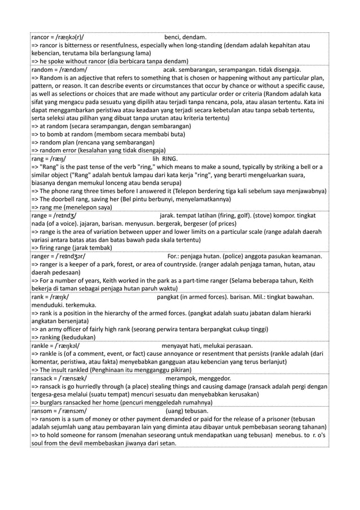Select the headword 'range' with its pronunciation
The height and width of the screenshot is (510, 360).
point(55,216)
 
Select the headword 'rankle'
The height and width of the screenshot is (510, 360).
point(41,346)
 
